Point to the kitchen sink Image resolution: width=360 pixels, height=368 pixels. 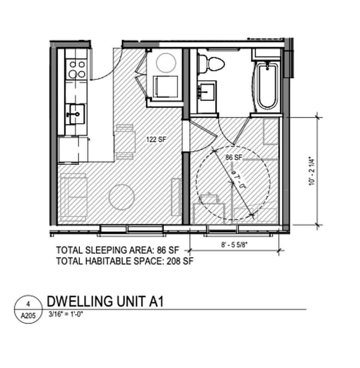[74, 115]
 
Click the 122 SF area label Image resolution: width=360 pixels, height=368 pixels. [156, 139]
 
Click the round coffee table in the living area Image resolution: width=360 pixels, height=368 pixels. [122, 196]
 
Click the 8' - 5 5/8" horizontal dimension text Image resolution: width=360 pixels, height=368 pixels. [235, 242]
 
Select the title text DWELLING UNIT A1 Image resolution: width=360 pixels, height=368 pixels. [105, 301]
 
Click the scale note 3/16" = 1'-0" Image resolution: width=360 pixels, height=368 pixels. [66, 314]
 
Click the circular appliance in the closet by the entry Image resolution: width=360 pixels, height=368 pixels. [164, 62]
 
